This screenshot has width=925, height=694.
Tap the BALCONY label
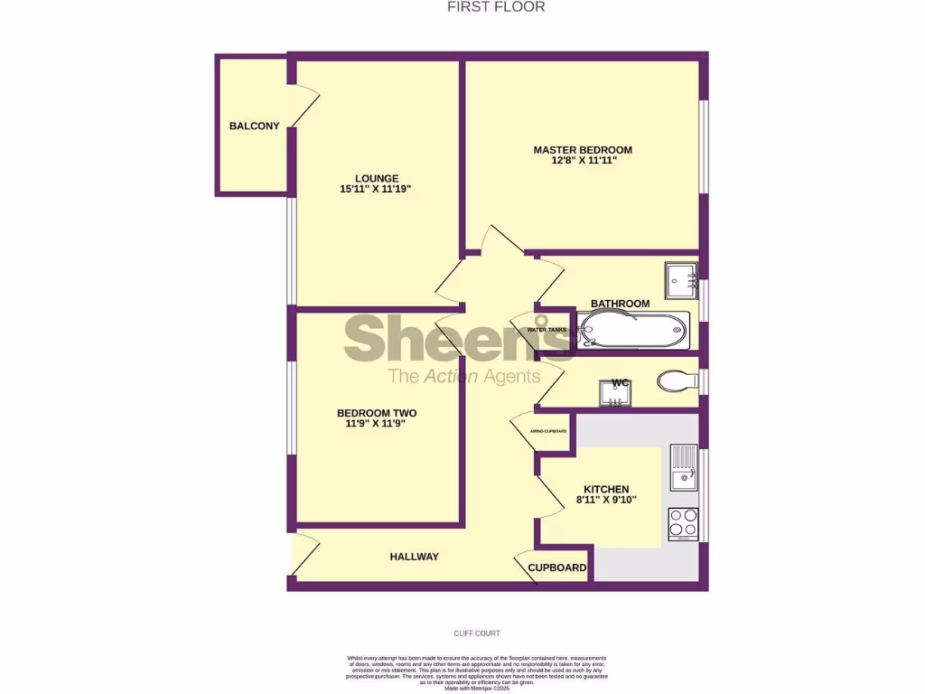click(x=254, y=127)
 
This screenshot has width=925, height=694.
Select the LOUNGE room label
click(x=377, y=178)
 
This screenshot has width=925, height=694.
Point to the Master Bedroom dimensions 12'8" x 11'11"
click(x=583, y=161)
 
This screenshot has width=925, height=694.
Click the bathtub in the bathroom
click(x=634, y=330)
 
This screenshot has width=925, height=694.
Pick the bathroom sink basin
click(x=679, y=280)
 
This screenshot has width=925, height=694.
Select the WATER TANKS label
click(x=547, y=330)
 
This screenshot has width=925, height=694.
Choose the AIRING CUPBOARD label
click(x=548, y=431)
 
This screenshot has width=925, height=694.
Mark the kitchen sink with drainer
click(x=683, y=466)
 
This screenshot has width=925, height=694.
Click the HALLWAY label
click(x=414, y=557)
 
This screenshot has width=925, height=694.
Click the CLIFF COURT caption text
click(x=477, y=633)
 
